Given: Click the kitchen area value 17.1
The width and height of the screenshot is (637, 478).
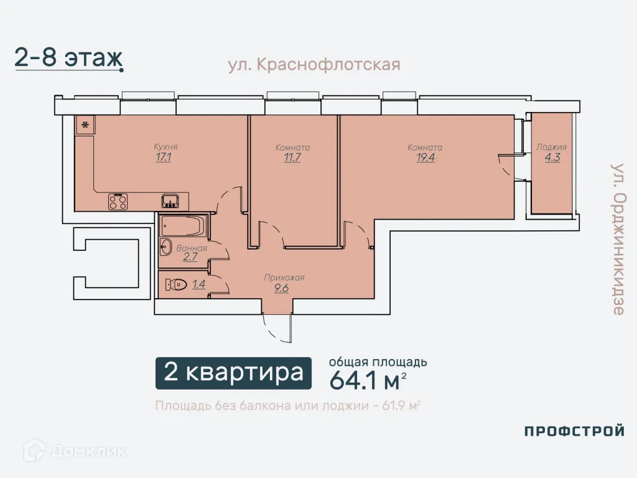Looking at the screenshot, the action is tap(164, 157).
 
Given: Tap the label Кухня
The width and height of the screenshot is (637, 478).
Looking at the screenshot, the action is tap(165, 147).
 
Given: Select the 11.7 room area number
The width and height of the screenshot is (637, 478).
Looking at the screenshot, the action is tap(292, 157).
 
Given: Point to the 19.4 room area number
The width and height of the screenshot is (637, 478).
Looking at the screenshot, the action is tap(425, 157).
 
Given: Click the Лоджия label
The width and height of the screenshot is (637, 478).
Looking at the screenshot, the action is tap(551, 147).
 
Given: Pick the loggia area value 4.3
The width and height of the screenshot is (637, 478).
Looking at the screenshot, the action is tap(552, 157).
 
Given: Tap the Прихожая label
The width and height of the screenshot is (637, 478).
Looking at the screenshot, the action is tap(284, 278).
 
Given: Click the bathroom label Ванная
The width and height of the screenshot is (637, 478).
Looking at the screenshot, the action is tap(192, 248).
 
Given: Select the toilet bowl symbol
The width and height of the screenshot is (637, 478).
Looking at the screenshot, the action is tap(176, 284).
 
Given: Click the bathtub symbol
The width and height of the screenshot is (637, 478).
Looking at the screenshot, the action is tap(184, 226).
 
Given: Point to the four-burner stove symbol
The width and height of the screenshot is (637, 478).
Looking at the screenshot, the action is tap(118, 202).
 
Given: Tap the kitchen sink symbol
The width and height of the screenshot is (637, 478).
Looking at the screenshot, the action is tap(170, 201).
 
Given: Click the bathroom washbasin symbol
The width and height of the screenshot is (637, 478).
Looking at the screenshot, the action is tap(165, 247).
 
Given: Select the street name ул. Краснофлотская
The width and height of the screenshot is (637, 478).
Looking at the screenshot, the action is tap(314, 65).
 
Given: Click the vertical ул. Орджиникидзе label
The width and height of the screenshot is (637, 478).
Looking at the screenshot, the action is tap(618, 240).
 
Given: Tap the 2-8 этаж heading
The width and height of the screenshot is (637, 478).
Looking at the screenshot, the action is tap(68, 58).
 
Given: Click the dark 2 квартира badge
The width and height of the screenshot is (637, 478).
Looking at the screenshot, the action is tap(234, 373).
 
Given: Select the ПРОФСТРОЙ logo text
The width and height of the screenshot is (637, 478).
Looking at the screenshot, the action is tap(574, 431).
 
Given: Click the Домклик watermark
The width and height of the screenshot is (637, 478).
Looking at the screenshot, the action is tap(75, 451).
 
